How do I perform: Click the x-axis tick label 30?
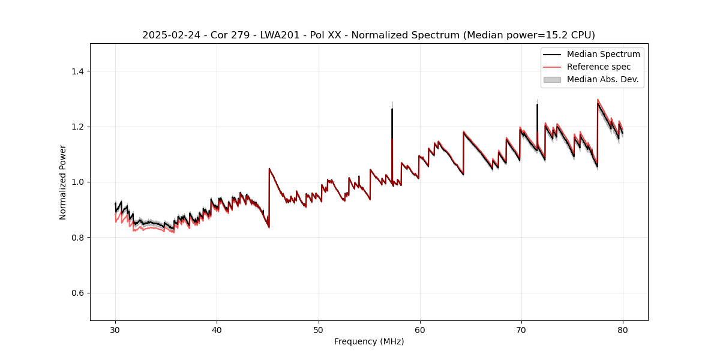click(x=115, y=330)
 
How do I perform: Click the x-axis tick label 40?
click(x=217, y=330)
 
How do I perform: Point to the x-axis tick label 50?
click(x=318, y=330)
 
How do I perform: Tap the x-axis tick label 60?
click(x=419, y=330)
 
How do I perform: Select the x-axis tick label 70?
click(x=521, y=330)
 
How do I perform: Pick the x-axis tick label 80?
click(x=622, y=330)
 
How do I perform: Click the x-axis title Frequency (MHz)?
click(x=369, y=341)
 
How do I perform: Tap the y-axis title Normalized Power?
click(x=63, y=182)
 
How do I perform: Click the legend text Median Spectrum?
click(x=603, y=54)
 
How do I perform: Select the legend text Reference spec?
click(x=599, y=67)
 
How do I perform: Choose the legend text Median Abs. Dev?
click(x=603, y=79)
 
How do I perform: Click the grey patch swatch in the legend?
click(x=552, y=79)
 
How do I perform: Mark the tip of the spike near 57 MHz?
click(x=392, y=109)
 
